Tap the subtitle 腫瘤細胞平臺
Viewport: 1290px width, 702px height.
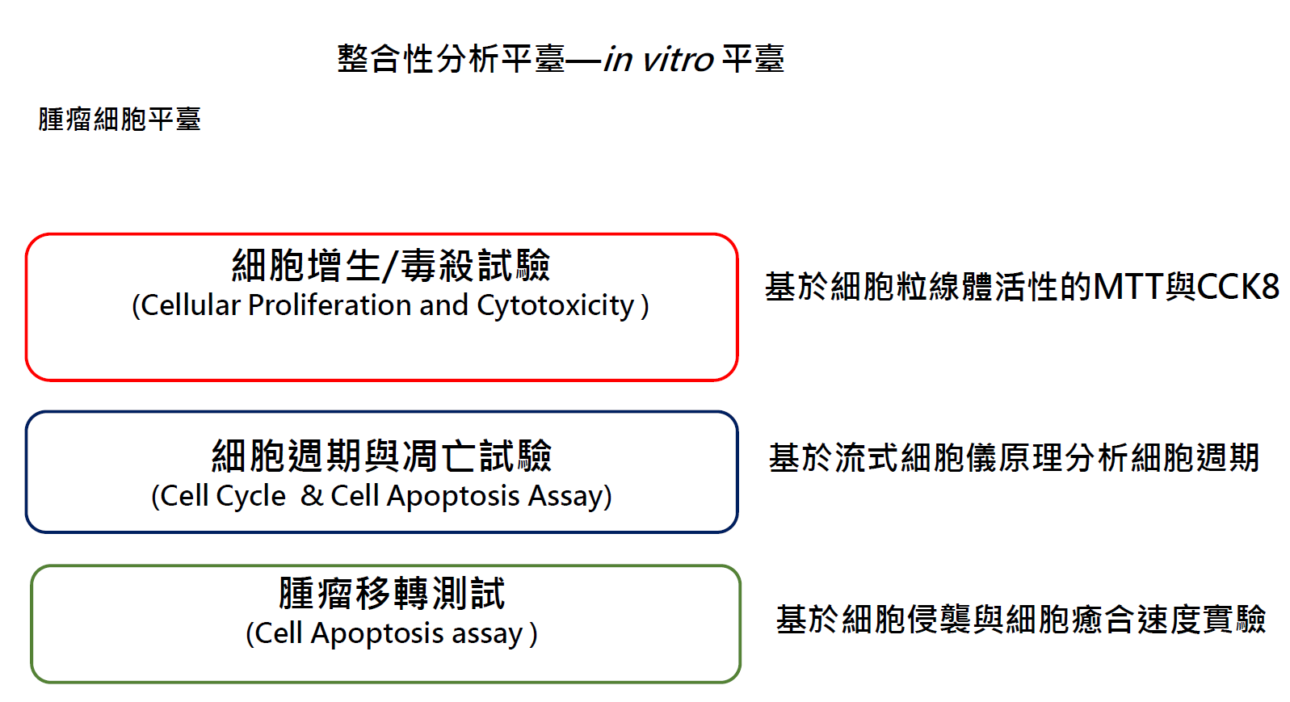120,120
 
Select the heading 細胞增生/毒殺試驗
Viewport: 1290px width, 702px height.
391,266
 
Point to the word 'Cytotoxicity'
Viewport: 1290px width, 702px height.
555,306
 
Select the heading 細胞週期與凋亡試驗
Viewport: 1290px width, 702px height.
382,456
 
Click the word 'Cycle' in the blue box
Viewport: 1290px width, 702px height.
250,496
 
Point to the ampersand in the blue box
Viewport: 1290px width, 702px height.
312,496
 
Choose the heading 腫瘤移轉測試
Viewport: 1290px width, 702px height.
392,594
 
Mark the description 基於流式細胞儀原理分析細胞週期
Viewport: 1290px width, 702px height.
1014,458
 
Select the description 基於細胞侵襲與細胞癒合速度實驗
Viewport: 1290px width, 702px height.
1021,620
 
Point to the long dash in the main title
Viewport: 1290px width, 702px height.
584,60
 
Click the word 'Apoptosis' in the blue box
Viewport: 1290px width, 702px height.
452,496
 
